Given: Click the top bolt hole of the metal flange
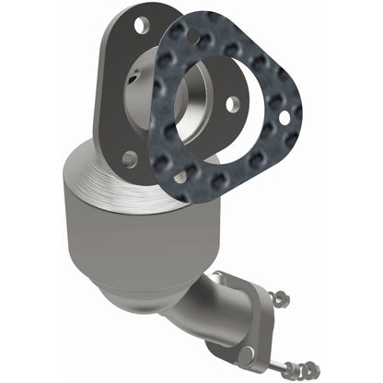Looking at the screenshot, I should click(139, 25).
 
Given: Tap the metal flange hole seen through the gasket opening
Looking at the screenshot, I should click(232, 105).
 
